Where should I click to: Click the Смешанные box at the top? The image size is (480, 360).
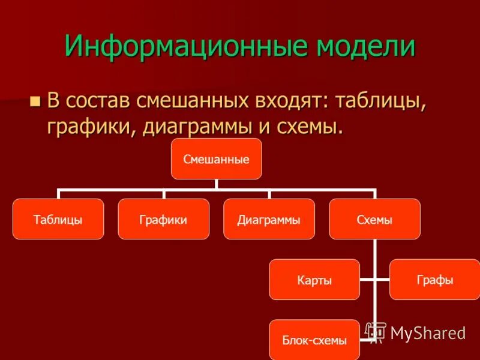(217, 159)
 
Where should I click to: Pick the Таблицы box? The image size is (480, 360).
(58, 220)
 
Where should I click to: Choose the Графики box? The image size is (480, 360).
(164, 220)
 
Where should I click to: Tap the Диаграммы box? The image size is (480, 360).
(269, 220)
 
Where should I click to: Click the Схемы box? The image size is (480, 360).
(374, 220)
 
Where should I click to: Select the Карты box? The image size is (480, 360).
(314, 280)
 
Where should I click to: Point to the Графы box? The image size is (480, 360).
(434, 280)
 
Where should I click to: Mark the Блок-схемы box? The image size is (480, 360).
(314, 340)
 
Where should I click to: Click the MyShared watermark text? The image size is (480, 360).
(428, 332)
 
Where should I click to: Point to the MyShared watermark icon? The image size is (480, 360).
(376, 332)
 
